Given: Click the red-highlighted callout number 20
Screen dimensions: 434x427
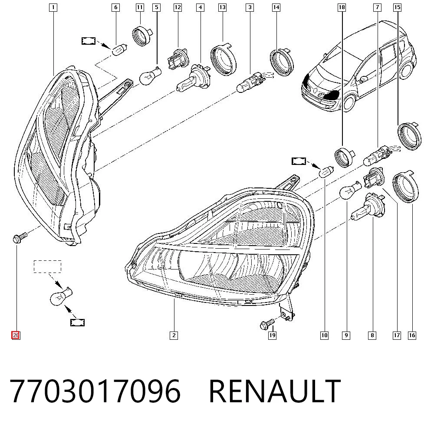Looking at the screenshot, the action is pyautogui.click(x=16, y=335).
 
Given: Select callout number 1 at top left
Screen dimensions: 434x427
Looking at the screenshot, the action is pyautogui.click(x=53, y=7).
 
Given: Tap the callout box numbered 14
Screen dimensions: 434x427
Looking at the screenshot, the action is pyautogui.click(x=276, y=7).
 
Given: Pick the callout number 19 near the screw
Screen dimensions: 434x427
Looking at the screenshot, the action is pyautogui.click(x=273, y=335).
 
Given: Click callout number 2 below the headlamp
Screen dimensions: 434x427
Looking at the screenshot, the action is pyautogui.click(x=174, y=335).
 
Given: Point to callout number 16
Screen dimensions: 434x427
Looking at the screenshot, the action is pyautogui.click(x=412, y=335).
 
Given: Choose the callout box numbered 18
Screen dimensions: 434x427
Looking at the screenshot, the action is pyautogui.click(x=342, y=7).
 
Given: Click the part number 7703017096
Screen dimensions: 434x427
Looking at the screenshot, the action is pyautogui.click(x=95, y=391).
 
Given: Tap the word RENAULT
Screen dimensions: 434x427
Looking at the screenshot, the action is pyautogui.click(x=275, y=391).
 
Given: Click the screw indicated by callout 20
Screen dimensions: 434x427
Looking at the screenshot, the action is pyautogui.click(x=20, y=238).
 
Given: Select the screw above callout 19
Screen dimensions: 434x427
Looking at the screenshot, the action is pyautogui.click(x=267, y=324).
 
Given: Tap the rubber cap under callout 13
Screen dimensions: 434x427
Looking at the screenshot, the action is pyautogui.click(x=224, y=59).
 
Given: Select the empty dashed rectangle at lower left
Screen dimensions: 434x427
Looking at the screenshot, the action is pyautogui.click(x=47, y=266).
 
